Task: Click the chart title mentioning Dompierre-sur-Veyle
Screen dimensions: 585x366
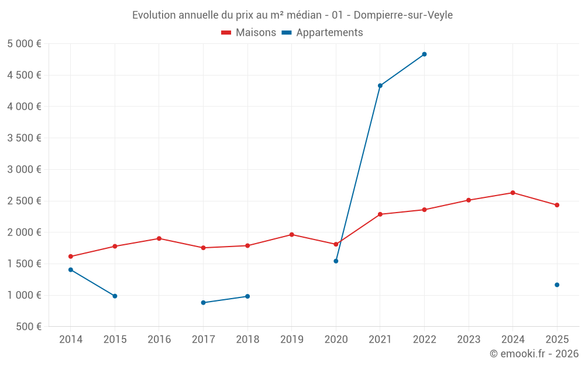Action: (292, 15)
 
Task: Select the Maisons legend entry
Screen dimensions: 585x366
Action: (249, 32)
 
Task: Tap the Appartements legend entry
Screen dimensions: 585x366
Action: (322, 32)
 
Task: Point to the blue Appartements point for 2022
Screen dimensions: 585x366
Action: (424, 54)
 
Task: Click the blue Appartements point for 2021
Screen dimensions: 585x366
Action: (380, 85)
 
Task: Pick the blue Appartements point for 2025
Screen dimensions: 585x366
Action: (557, 285)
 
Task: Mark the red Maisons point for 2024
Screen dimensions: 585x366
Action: (512, 193)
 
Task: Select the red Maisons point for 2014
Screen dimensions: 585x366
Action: (71, 256)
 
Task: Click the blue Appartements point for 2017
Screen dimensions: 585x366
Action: (204, 303)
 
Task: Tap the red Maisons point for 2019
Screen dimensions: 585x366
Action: (292, 235)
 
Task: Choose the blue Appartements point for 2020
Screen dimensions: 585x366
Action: (336, 261)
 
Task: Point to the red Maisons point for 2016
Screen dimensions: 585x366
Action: (159, 238)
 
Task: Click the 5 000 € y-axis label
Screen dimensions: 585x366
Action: (24, 44)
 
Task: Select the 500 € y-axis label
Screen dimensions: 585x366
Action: (29, 326)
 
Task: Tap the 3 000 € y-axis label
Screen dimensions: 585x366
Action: (24, 170)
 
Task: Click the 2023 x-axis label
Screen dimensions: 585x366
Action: (469, 339)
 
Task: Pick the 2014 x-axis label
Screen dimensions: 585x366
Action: (71, 339)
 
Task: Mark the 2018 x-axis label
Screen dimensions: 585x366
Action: (247, 339)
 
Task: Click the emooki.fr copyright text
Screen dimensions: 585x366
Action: (534, 353)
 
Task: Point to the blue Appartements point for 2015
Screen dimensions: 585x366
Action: (115, 296)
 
